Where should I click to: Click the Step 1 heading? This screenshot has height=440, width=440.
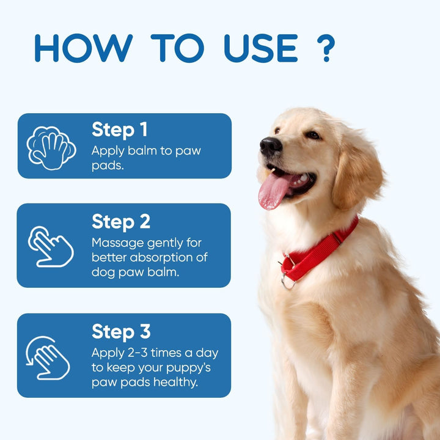(x=120, y=130)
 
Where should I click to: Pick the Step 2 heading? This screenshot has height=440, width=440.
(x=121, y=221)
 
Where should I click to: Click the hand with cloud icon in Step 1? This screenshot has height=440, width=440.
(x=51, y=147)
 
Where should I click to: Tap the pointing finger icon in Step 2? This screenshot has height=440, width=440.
(x=50, y=246)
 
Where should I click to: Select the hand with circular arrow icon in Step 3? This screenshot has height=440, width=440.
(x=49, y=358)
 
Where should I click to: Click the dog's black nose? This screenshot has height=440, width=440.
(x=271, y=146)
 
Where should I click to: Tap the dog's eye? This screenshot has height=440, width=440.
(x=312, y=134)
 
